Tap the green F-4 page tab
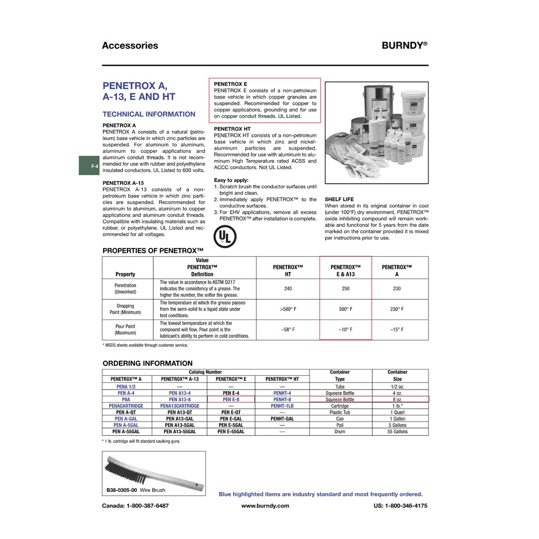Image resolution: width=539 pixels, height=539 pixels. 89,166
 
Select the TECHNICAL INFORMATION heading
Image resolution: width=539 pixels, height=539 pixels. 148,114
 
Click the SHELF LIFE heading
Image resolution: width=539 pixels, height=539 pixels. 339,199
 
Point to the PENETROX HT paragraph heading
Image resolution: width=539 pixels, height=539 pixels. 232,129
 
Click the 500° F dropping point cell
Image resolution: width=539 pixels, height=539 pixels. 345,310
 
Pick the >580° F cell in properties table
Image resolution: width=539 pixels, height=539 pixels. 288,310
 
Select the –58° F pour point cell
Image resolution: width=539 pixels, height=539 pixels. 288,330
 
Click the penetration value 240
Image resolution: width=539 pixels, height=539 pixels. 288,288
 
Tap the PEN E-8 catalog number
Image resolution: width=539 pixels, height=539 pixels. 231,400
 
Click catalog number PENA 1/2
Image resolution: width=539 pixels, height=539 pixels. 126,386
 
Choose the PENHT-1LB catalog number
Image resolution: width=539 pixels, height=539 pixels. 282,406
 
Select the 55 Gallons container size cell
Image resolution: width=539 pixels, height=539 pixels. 397,432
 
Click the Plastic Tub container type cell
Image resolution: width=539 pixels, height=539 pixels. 340,412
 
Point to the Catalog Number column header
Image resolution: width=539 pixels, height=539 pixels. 205,372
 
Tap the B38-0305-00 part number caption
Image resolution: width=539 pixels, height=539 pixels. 122,490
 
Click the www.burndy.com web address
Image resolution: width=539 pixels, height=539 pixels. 265,506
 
